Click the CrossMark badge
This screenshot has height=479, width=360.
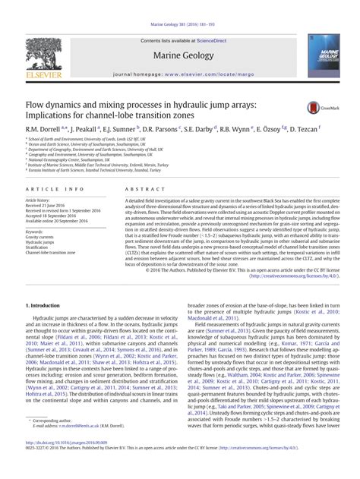317,109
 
